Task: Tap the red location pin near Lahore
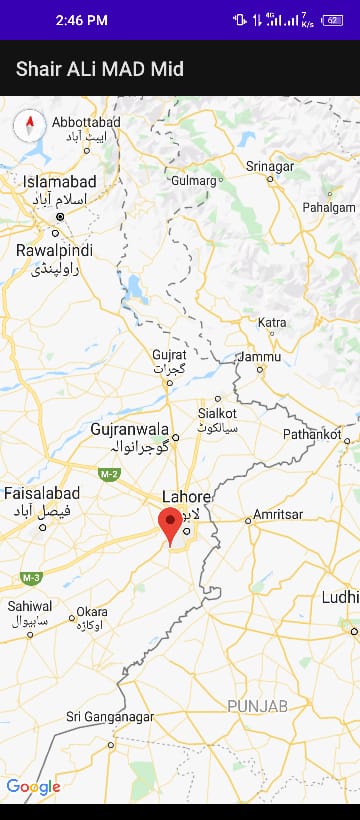(x=171, y=524)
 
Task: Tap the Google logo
(x=33, y=787)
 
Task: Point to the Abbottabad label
(x=86, y=122)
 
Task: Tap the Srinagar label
(x=270, y=165)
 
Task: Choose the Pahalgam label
(x=329, y=207)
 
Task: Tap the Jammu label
(x=261, y=356)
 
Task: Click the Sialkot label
(x=217, y=412)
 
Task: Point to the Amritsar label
(x=278, y=513)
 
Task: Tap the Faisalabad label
(x=42, y=493)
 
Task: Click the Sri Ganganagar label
(x=110, y=717)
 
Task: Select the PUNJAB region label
(x=257, y=706)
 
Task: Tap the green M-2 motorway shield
(x=109, y=472)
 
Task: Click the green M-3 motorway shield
(x=30, y=577)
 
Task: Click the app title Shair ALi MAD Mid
(x=100, y=69)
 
